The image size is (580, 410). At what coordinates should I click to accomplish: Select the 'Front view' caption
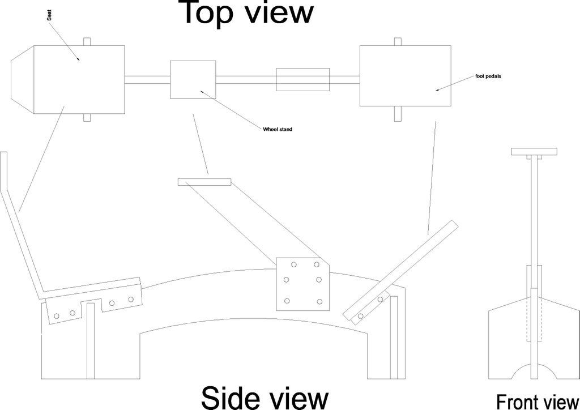538,402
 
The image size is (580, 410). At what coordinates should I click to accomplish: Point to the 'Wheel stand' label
278,129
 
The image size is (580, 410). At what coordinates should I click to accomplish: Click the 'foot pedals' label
488,76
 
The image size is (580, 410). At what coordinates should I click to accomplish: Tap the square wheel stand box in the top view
193,79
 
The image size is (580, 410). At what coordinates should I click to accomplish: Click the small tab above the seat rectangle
87,42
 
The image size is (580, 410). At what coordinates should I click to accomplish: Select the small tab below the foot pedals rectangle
398,113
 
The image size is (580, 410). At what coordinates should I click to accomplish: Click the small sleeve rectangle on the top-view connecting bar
302,79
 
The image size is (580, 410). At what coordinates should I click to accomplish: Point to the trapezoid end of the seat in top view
23,79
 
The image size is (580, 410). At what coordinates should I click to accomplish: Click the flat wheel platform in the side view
204,182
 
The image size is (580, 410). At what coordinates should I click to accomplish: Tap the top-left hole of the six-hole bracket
294,264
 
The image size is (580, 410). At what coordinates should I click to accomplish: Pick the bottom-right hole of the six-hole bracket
319,302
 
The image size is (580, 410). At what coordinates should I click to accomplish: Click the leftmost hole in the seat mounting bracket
57,316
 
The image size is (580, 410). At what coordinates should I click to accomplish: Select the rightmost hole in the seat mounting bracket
131,299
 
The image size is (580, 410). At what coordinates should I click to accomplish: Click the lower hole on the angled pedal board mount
361,316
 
